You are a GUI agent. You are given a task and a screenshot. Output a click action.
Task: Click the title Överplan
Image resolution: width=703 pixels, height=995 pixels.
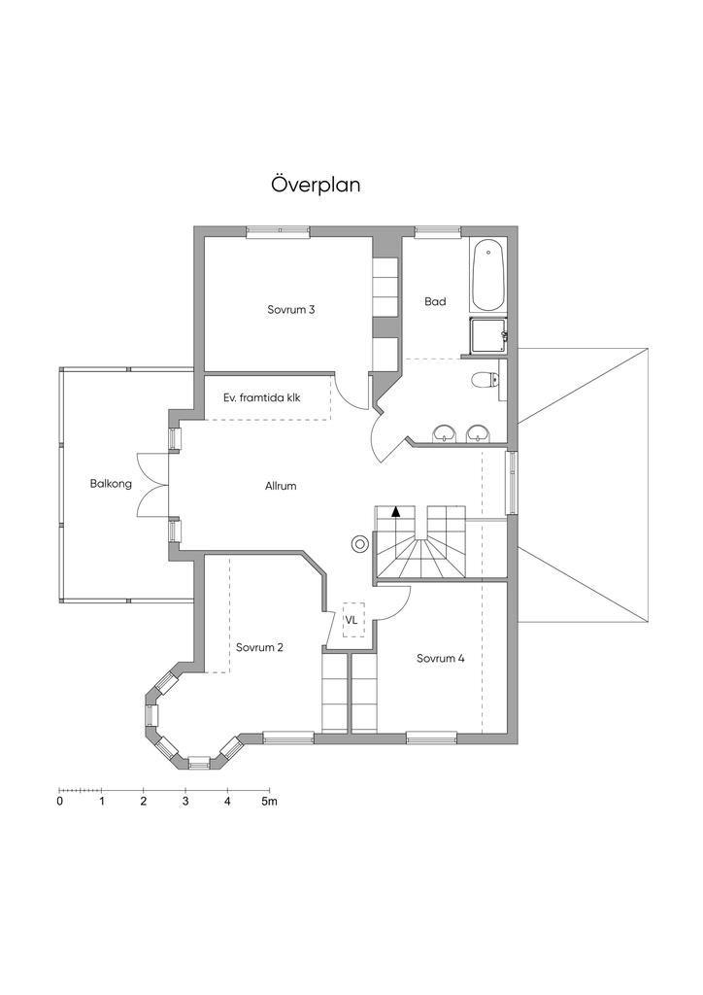tap(316, 185)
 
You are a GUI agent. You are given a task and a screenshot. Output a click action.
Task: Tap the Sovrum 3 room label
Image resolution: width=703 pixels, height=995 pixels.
tap(291, 310)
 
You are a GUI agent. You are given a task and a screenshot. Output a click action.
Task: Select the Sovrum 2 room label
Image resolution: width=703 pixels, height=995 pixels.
tap(259, 647)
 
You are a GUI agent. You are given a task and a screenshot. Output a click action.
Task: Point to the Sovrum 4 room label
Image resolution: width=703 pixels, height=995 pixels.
tap(440, 658)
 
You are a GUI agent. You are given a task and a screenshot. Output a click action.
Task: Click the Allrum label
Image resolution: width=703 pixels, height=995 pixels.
tap(281, 486)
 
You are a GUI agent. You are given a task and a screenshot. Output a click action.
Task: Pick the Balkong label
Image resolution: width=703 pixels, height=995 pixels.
tap(111, 483)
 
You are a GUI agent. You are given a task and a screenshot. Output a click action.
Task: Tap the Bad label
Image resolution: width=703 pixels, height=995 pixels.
tap(435, 302)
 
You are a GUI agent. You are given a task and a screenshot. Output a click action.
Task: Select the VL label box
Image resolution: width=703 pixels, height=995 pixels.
tap(351, 618)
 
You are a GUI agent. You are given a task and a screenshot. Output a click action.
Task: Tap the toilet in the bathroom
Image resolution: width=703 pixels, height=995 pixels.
tap(483, 380)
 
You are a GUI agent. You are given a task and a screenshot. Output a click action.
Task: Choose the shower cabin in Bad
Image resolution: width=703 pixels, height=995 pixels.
tap(487, 335)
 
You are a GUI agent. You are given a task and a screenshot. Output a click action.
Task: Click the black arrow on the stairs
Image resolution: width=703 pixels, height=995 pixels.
tap(396, 509)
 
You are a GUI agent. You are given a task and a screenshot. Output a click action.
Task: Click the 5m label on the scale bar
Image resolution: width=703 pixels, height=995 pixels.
tap(269, 803)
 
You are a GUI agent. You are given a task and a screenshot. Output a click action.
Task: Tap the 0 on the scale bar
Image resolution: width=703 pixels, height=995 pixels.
tap(60, 803)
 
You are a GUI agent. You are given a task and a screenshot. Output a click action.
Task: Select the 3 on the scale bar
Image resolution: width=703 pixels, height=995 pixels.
tap(185, 803)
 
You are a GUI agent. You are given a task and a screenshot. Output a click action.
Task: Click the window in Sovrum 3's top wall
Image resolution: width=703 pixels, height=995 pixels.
tap(278, 231)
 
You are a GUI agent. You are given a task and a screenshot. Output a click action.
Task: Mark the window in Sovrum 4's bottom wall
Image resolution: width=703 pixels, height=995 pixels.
tap(432, 738)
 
